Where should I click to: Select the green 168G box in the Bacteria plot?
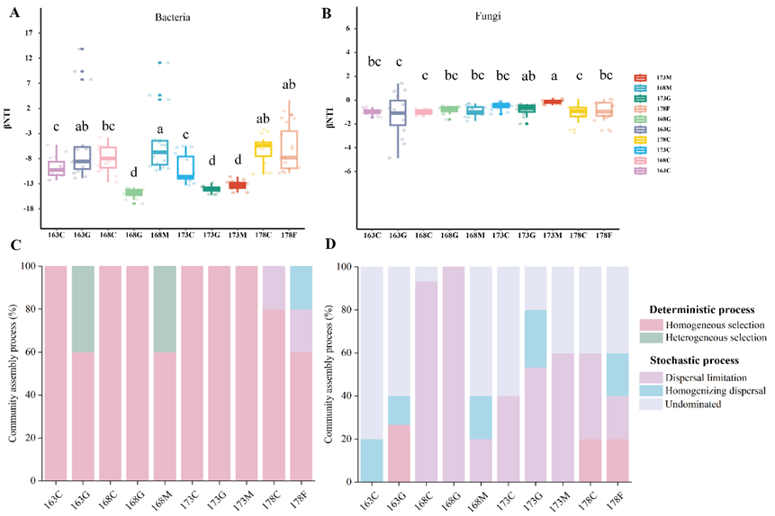[x=134, y=192]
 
